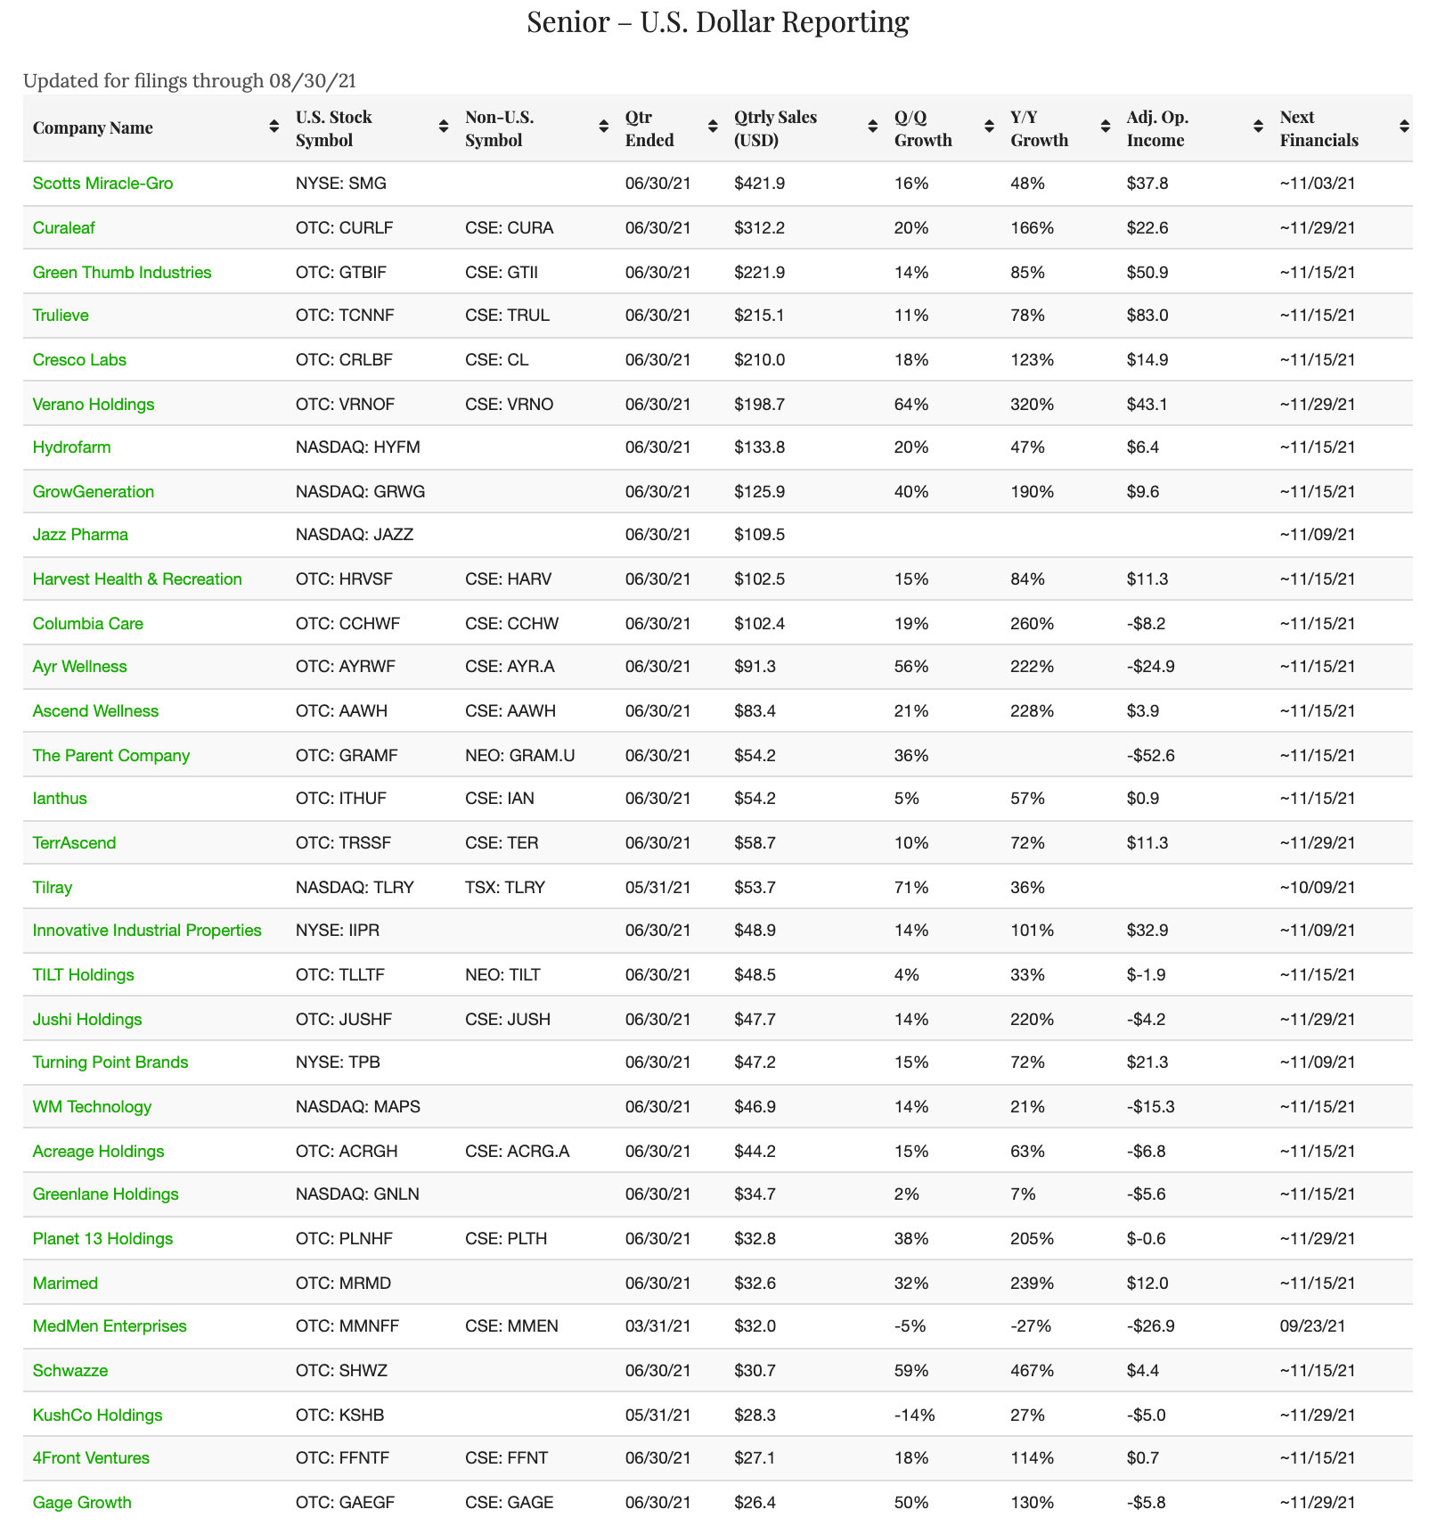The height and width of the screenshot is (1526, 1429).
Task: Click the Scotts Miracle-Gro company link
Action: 102,184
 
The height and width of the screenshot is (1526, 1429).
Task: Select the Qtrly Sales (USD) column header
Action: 775,128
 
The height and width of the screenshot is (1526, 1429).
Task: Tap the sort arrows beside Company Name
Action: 274,127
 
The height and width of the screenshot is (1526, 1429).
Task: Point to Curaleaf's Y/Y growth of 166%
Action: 1032,228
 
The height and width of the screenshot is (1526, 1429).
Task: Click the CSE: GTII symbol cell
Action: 501,273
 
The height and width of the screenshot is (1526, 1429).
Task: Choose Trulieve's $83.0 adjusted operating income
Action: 1147,316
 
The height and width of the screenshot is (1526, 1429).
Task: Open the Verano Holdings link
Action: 93,405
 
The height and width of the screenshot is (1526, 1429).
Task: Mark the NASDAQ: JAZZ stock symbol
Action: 354,535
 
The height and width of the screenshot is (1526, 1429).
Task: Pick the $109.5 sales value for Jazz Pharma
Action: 759,535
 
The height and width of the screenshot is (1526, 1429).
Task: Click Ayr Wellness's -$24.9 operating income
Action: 1150,667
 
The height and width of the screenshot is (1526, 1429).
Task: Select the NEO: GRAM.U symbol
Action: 519,756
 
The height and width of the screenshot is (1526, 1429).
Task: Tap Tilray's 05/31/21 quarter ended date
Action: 657,888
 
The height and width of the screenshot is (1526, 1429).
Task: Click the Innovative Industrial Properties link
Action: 147,931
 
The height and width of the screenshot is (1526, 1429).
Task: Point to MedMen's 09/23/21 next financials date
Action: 1312,1326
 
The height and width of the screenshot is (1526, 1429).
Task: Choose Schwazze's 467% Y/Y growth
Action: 1032,1371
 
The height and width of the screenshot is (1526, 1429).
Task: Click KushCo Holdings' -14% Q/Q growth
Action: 914,1415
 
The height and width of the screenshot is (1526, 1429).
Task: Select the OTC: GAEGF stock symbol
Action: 345,1503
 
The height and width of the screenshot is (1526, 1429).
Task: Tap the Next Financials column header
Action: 1319,128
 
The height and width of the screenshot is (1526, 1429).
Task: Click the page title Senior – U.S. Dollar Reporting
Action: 717,21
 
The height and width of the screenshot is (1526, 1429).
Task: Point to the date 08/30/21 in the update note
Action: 312,81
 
